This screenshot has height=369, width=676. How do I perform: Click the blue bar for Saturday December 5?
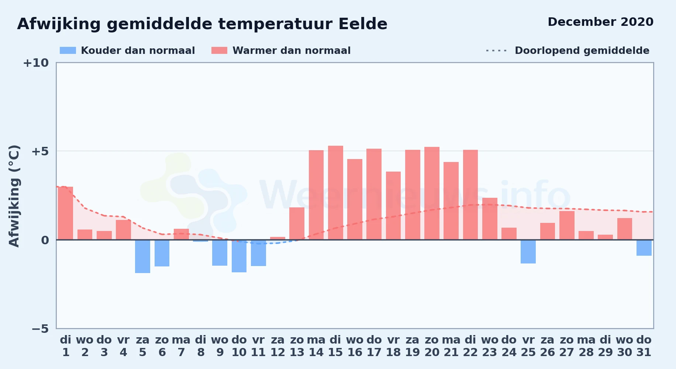tap(142, 256)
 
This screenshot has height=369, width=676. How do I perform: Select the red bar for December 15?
tap(335, 193)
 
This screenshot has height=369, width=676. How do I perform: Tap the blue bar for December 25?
tap(528, 252)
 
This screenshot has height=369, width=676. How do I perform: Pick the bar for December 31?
tap(644, 248)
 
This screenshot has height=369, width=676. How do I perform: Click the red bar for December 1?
tap(65, 213)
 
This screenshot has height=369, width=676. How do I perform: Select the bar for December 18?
tap(393, 206)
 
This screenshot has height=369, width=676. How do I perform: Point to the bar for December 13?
tap(297, 224)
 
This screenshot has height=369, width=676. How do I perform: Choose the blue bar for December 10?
tap(239, 256)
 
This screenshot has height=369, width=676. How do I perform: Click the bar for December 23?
tap(490, 219)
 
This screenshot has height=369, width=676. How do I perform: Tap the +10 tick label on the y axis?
tap(36, 63)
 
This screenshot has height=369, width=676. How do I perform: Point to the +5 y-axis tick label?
tap(40, 151)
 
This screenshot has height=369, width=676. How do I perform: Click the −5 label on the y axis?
tap(40, 328)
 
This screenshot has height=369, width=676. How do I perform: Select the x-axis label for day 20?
tap(432, 346)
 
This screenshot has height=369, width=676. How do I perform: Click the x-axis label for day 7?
tap(181, 346)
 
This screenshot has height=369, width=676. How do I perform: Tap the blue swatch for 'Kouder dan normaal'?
tap(68, 51)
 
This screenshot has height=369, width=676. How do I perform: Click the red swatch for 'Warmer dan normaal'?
tap(219, 51)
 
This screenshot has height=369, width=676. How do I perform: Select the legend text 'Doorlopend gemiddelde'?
tap(582, 51)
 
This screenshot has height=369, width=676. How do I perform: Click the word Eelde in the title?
tap(363, 24)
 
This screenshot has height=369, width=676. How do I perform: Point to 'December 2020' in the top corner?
tap(601, 22)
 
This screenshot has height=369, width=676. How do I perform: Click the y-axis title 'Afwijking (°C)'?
tap(14, 196)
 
